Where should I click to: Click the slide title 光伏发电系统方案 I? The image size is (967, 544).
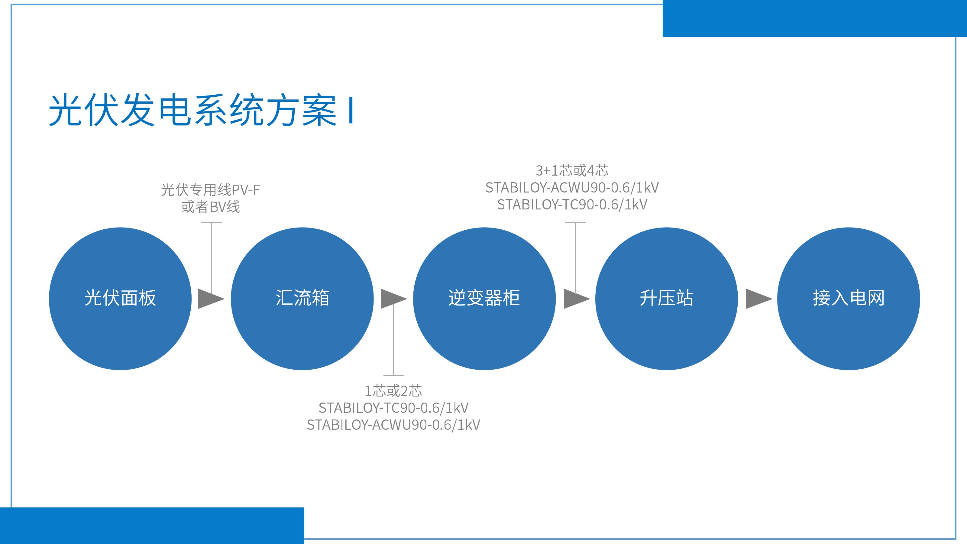tap(201, 110)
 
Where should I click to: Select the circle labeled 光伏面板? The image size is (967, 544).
tap(120, 299)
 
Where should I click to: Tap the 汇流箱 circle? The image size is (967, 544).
tap(302, 299)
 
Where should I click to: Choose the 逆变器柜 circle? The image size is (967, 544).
tap(484, 299)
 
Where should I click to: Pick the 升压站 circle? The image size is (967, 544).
tap(666, 299)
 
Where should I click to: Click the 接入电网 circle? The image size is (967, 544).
tap(848, 299)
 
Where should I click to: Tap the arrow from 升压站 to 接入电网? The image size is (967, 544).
tap(757, 299)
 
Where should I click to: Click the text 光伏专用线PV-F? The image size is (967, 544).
tap(210, 190)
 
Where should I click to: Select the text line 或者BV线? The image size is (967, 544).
tap(210, 207)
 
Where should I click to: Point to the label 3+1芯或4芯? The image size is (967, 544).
tap(572, 171)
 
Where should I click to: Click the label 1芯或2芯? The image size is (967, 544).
tap(393, 391)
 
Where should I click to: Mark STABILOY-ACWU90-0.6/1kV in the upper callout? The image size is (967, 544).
tap(572, 188)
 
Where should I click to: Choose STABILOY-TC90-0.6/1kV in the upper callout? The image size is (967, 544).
tap(572, 205)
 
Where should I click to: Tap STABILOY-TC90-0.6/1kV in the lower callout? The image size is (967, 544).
tap(393, 408)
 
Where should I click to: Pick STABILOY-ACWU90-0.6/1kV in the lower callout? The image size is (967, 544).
tap(393, 425)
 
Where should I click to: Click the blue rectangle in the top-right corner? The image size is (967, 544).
tap(815, 18)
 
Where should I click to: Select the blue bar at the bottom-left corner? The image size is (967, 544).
tap(152, 526)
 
